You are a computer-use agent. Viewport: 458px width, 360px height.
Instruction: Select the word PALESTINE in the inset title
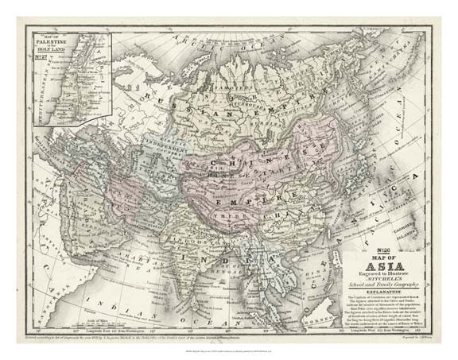60,42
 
